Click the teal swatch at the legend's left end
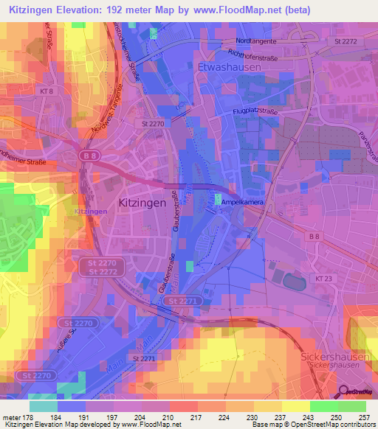pyautogui.click(x=43, y=405)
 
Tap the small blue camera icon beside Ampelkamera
pyautogui.click(x=218, y=199)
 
